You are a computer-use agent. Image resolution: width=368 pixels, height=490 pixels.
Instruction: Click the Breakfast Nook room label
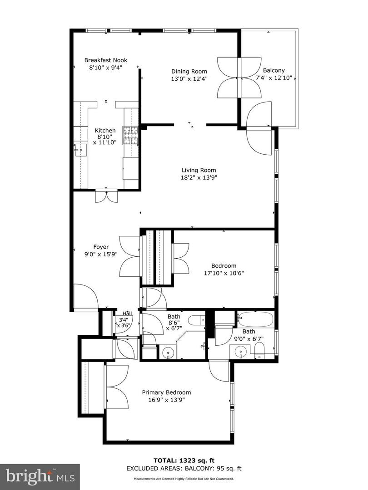click(106, 60)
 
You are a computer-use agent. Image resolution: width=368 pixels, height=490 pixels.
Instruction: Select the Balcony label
click(274, 70)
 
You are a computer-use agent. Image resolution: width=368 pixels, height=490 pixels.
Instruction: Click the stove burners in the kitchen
click(130, 135)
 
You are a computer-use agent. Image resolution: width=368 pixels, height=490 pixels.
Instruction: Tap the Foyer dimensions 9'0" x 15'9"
click(101, 255)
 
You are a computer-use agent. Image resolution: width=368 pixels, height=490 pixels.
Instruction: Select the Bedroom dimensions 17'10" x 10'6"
click(224, 273)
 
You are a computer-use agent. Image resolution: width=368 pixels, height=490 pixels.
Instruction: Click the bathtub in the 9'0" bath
click(256, 319)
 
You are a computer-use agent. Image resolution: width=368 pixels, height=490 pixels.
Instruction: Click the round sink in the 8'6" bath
click(168, 352)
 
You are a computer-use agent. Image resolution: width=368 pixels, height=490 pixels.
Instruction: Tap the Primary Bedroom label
click(166, 392)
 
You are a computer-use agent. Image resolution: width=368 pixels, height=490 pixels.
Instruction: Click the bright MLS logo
click(40, 476)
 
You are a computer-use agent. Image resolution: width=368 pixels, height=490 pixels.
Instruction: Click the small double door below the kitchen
click(106, 196)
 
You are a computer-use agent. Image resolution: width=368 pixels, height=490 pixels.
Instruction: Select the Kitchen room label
click(105, 131)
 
